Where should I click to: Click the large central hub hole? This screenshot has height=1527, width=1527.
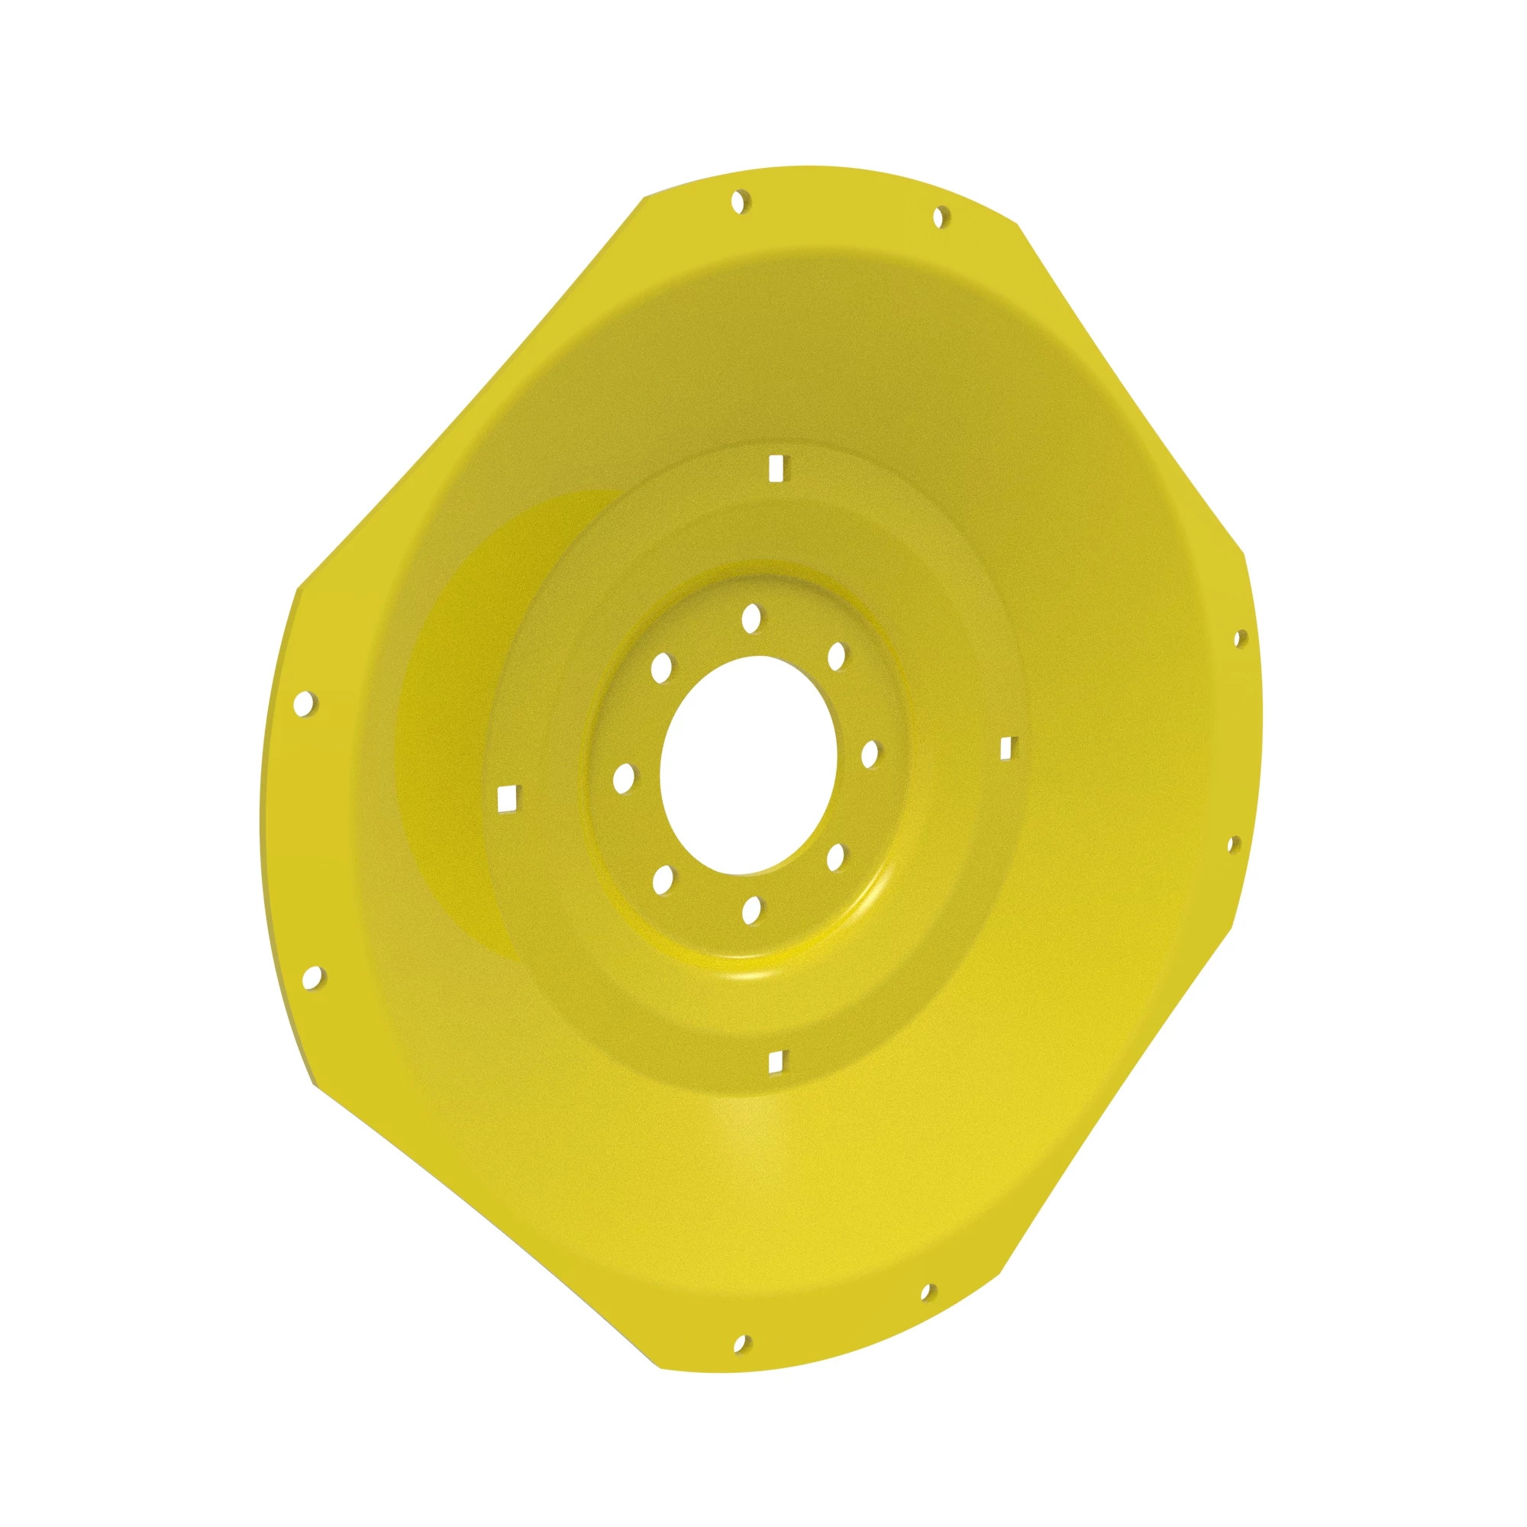747,765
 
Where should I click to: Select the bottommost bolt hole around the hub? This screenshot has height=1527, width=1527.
751,911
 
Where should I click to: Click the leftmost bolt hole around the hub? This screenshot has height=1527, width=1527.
624,778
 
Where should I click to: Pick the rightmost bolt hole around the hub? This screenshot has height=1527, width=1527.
870,754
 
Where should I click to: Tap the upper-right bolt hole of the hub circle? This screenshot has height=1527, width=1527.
836,656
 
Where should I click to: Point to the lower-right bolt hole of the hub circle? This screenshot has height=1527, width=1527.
835,857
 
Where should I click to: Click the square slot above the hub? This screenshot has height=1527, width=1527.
776,468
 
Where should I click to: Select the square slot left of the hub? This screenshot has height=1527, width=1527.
507,798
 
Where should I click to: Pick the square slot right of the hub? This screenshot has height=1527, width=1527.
1006,747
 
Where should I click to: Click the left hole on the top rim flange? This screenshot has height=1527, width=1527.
741,201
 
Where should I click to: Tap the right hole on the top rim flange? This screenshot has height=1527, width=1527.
940,217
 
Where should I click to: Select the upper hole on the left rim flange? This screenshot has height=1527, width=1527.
305,702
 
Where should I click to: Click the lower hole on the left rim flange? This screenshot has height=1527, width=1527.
313,979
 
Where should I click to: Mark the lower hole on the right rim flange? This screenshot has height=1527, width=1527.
1232,845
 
